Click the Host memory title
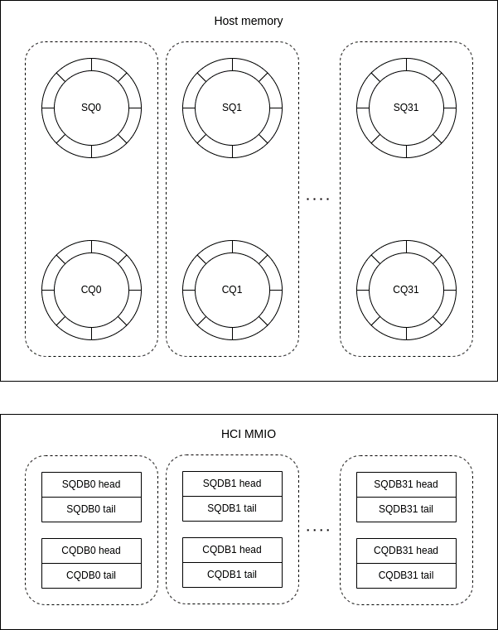point(249,21)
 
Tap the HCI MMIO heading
point(249,434)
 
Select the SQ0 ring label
point(91,108)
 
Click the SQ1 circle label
point(232,108)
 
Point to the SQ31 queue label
point(406,108)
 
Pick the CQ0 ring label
point(91,290)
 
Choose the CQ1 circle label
point(232,290)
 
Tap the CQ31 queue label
point(406,290)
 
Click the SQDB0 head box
point(91,484)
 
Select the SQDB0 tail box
point(91,509)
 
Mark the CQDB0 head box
point(91,551)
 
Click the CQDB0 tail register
point(91,575)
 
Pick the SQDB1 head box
point(232,483)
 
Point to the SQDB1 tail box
point(232,508)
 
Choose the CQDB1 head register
point(232,550)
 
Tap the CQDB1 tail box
point(232,575)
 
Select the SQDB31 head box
point(406,484)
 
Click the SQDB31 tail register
point(406,509)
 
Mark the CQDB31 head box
point(406,551)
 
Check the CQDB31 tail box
point(406,575)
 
